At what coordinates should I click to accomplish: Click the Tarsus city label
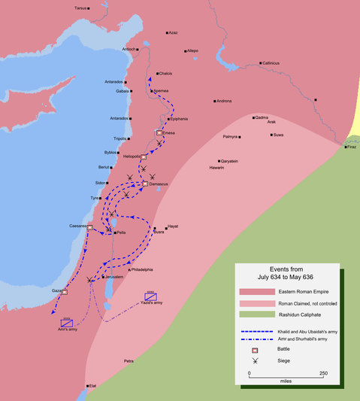click(79, 8)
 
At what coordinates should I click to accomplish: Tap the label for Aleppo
click(193, 50)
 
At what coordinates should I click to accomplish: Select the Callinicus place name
click(271, 62)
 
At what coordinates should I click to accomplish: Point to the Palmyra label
click(230, 136)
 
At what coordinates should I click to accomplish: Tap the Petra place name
click(129, 361)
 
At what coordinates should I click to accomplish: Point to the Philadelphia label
click(141, 269)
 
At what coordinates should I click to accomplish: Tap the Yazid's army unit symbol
click(150, 296)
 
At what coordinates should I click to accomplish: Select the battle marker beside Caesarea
click(90, 227)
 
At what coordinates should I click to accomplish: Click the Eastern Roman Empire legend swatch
click(253, 290)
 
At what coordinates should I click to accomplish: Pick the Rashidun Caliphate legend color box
click(253, 314)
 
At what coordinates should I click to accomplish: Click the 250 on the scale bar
click(323, 373)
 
